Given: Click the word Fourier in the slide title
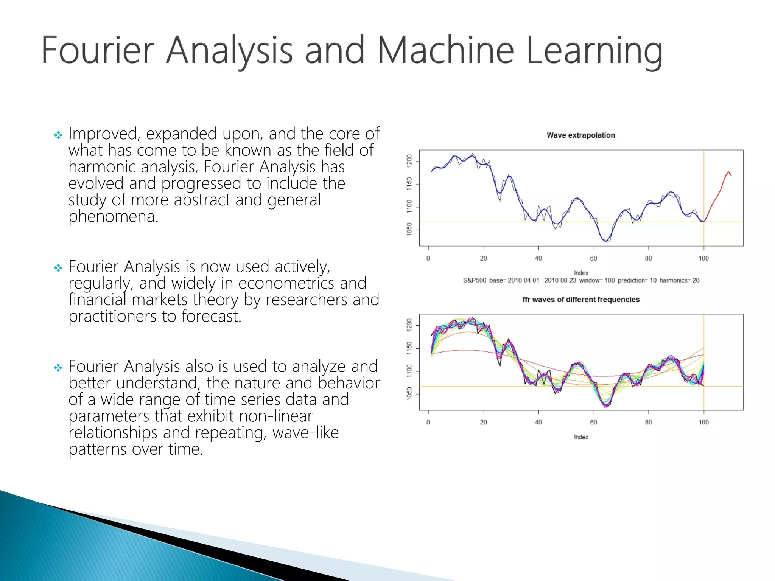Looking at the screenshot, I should pos(98,50).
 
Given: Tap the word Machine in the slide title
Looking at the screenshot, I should pos(446,50).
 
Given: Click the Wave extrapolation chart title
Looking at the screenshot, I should pos(580,135).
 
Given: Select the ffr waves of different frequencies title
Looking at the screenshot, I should pos(580,300).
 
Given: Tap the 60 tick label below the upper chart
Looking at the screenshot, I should pos(593,258).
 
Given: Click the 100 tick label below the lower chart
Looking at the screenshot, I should pos(703,422).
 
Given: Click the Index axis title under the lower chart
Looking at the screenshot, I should pos(581,437).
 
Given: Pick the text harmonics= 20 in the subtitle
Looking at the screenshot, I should pos(679,280).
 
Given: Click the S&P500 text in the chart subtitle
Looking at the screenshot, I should pos(474,280).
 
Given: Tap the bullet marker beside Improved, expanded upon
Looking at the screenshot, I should pos(58,135).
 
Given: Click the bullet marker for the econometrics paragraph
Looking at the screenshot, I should pos(58,268).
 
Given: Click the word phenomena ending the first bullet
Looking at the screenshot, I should pos(113,216).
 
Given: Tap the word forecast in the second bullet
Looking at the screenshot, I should pos(210,316).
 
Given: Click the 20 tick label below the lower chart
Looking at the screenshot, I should pos(483,422).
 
